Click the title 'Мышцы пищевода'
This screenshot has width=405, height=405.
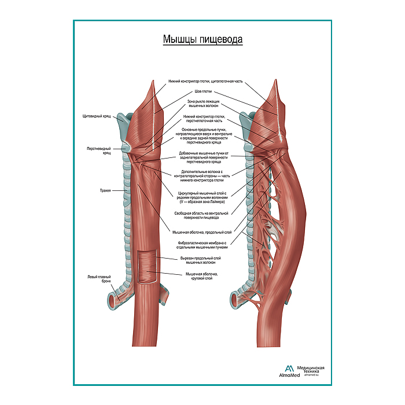click(202, 40)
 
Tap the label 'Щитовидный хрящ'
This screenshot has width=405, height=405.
click(96, 116)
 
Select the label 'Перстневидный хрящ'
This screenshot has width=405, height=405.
click(95, 150)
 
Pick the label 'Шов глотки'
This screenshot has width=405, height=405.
click(203, 91)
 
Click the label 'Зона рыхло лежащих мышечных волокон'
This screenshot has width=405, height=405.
click(203, 104)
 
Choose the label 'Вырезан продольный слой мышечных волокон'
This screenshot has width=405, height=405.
click(202, 259)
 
